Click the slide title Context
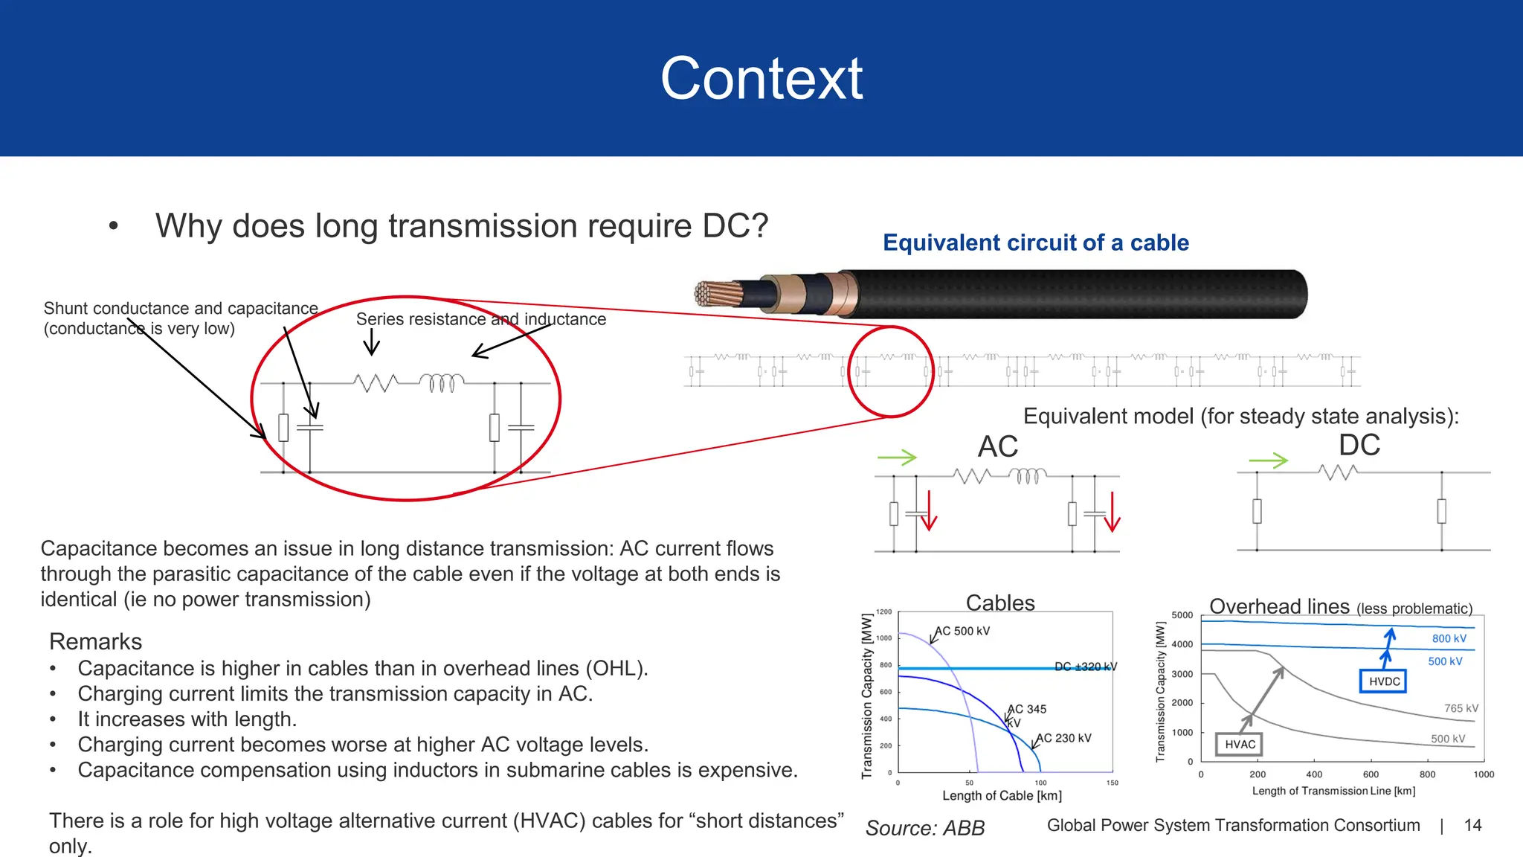pos(761,79)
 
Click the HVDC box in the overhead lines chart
pos(1383,681)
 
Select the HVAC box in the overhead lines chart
pos(1239,744)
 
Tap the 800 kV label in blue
pos(1449,638)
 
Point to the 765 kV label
pos(1461,708)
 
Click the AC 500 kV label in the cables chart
pos(962,631)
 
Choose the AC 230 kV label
pos(1063,738)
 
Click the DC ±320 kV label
pos(1085,667)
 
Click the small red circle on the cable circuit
pos(890,371)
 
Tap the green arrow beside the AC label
pos(897,458)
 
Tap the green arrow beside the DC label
pos(1268,460)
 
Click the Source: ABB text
pos(924,828)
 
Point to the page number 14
pos(1472,825)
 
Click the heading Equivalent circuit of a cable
pos(1035,243)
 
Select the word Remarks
pos(95,641)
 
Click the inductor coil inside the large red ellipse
pos(442,382)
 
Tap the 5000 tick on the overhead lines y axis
pos(1182,615)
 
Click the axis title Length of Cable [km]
pos(1002,795)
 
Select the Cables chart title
pos(999,603)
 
